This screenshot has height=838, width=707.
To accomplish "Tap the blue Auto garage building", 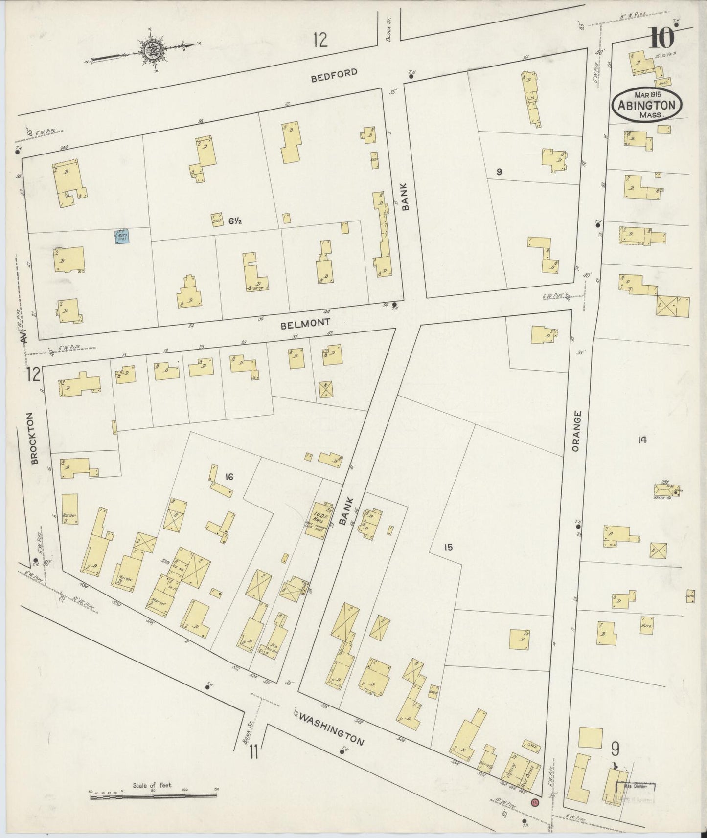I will point(122,237).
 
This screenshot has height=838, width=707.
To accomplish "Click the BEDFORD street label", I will point(334,74).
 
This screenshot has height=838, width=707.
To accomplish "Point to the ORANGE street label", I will point(577,431).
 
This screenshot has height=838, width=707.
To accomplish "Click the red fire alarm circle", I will point(535,802).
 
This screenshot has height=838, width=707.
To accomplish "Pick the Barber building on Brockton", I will point(69,509).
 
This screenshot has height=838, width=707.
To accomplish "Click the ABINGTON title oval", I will point(646,104).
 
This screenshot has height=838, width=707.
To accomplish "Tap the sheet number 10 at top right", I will point(662,38).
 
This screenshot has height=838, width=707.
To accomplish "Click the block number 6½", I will point(235,221).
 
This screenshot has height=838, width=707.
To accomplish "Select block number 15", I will point(448,547).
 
